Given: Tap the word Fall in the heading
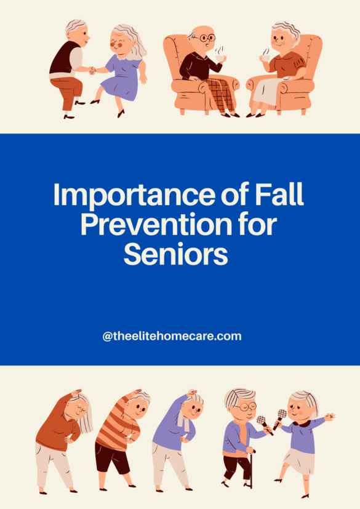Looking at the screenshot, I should coord(279,195).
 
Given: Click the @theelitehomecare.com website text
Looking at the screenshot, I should coord(172,336).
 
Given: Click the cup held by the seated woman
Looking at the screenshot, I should coord(266,57).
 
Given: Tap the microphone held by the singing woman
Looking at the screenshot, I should coord(281,415).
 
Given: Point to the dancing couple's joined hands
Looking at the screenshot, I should coord(92,70).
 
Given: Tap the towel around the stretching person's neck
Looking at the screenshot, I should coord(183,423).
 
